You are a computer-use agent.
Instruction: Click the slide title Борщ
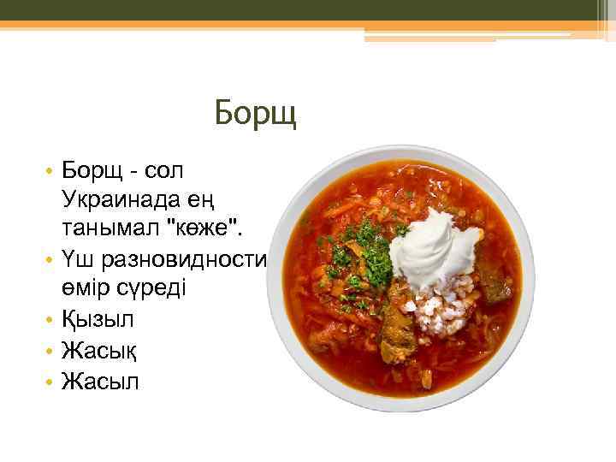255,113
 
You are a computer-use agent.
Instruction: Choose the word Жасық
99,348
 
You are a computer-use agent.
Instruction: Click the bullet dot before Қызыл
50,319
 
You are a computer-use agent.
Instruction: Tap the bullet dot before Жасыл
50,378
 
